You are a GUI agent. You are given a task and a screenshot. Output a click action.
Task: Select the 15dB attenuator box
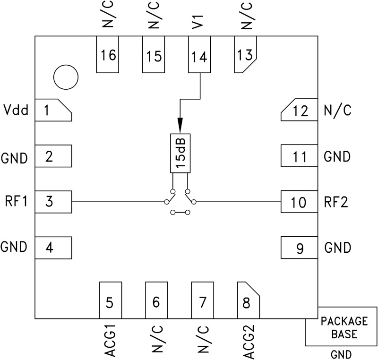(180, 154)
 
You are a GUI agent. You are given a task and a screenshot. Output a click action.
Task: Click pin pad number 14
(199, 56)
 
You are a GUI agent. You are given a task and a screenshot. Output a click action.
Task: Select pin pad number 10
(299, 203)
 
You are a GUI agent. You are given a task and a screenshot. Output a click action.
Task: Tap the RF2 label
(336, 203)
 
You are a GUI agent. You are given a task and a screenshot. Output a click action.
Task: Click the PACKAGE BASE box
(344, 327)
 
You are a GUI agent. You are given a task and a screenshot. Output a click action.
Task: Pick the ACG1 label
(109, 340)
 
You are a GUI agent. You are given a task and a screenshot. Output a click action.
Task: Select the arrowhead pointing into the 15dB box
(180, 125)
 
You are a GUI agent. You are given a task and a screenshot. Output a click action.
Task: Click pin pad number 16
(108, 55)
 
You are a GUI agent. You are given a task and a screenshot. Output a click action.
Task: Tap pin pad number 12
(299, 111)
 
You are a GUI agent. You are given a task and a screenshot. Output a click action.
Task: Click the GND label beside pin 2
(14, 158)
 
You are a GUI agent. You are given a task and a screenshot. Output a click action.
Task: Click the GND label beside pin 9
(337, 248)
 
